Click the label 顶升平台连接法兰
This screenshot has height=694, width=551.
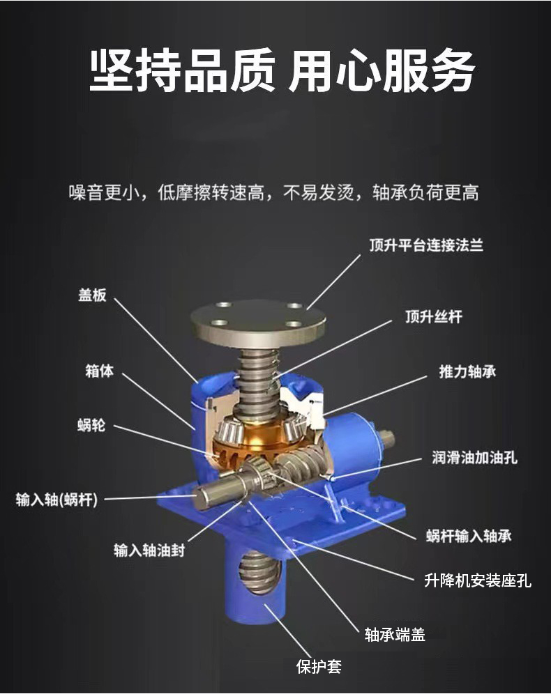426,245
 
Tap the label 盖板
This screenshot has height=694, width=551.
93,295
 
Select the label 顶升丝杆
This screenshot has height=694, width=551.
433,316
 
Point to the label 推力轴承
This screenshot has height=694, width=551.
467,371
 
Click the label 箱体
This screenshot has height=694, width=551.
99,371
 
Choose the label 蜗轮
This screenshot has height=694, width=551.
91,425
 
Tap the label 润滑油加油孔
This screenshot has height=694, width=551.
474,457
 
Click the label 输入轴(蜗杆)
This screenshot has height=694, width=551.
56,500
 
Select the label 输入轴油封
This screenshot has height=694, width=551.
149,550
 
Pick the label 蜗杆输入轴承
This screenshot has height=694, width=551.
469,536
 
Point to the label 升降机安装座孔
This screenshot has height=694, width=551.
478,580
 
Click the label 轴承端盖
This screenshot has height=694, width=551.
395,634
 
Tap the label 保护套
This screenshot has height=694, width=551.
319,667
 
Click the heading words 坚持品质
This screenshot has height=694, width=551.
182,71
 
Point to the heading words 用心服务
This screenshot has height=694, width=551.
382,71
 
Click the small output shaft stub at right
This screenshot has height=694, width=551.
386,438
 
